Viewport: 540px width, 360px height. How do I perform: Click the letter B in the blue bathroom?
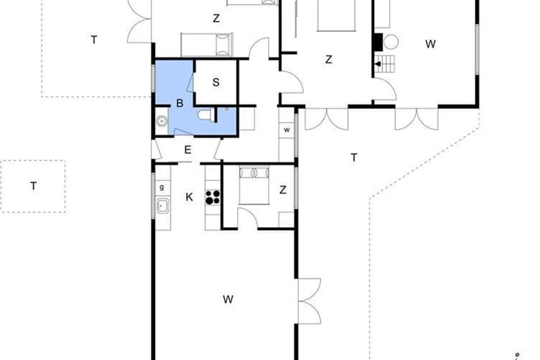180,103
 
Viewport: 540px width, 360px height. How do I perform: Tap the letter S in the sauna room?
216,82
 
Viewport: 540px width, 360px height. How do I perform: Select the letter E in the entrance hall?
188,150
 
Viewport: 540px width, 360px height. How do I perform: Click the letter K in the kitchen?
189,197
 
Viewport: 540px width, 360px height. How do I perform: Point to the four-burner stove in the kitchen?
212,197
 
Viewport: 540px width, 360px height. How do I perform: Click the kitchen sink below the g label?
163,205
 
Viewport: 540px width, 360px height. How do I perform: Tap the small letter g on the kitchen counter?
162,187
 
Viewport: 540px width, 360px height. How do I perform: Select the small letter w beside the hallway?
287,130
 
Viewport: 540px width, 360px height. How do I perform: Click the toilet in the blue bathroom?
205,115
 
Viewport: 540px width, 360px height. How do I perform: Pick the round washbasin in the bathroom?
162,121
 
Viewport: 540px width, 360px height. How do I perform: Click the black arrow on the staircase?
378,64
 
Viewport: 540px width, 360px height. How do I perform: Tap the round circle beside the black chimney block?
391,42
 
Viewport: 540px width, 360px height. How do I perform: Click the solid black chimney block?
378,42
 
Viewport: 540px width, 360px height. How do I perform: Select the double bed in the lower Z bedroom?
254,185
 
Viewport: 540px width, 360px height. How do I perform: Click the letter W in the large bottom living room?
228,300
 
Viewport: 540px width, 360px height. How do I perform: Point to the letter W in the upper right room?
430,44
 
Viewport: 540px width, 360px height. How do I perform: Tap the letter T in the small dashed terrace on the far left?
33,186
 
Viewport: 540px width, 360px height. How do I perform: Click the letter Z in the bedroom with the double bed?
283,190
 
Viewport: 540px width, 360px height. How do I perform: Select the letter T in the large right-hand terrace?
354,157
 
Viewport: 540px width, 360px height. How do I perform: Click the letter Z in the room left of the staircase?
328,59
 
